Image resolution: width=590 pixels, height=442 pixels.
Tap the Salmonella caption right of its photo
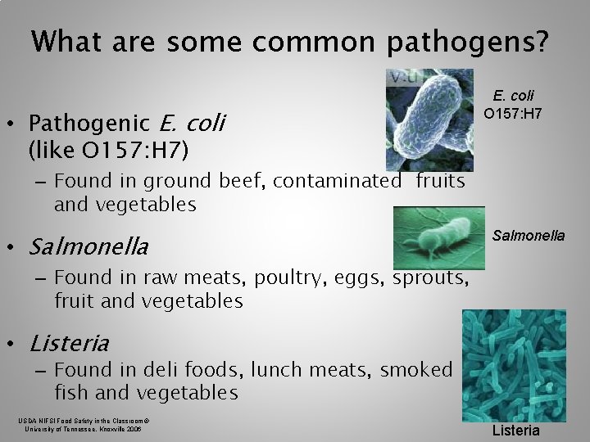[x=528, y=235]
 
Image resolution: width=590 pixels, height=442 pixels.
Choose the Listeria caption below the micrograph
[x=516, y=430]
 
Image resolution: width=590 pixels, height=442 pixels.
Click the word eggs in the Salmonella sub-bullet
[x=361, y=278]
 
